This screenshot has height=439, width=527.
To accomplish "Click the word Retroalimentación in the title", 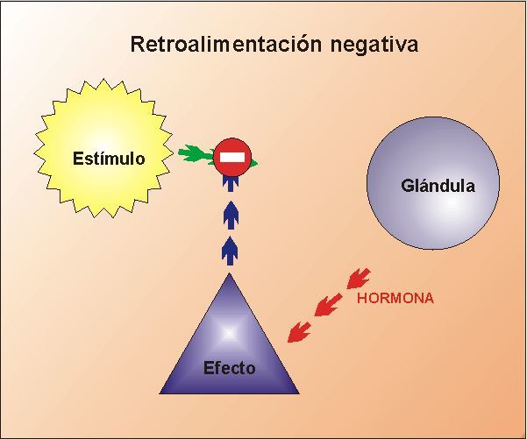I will (219, 44).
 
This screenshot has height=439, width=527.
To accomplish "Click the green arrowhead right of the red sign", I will (253, 162).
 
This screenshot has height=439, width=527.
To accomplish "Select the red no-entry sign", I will (231, 158).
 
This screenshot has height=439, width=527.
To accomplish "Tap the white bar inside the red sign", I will (231, 158).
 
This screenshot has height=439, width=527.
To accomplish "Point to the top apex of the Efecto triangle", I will (230, 274).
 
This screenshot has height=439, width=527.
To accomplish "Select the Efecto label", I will (229, 368).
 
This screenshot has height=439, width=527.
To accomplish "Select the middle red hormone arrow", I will (328, 304).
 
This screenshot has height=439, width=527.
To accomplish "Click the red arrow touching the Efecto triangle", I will (299, 331).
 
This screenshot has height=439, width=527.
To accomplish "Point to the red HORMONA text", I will (395, 299).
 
